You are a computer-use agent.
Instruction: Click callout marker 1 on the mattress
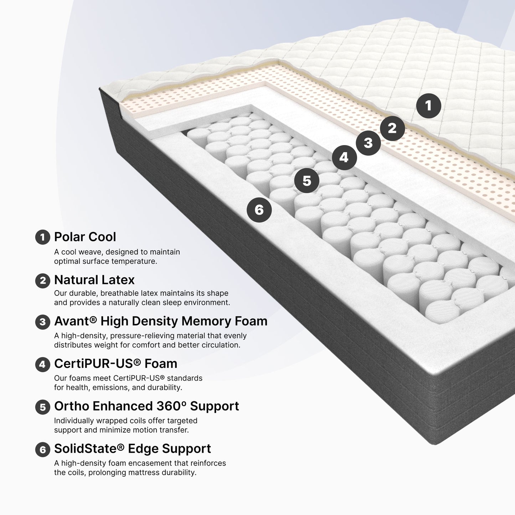(428, 106)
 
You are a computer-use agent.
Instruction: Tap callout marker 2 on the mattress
(392, 128)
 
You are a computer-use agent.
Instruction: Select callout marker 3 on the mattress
(368, 143)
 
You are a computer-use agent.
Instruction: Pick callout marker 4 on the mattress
(344, 158)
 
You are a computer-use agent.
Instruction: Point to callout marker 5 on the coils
(307, 181)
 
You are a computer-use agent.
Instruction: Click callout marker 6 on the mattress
(259, 210)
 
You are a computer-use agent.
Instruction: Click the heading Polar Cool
(85, 237)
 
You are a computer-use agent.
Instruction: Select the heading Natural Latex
(94, 280)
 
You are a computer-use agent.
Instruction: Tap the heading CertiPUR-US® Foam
(116, 364)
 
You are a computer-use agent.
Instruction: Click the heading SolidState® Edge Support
(133, 448)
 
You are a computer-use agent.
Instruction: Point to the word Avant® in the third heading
(75, 321)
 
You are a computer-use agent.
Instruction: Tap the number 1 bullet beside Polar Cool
(42, 237)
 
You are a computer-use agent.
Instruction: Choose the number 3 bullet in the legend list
(42, 322)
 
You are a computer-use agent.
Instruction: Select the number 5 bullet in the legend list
(42, 407)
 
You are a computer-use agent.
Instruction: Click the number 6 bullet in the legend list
(42, 449)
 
